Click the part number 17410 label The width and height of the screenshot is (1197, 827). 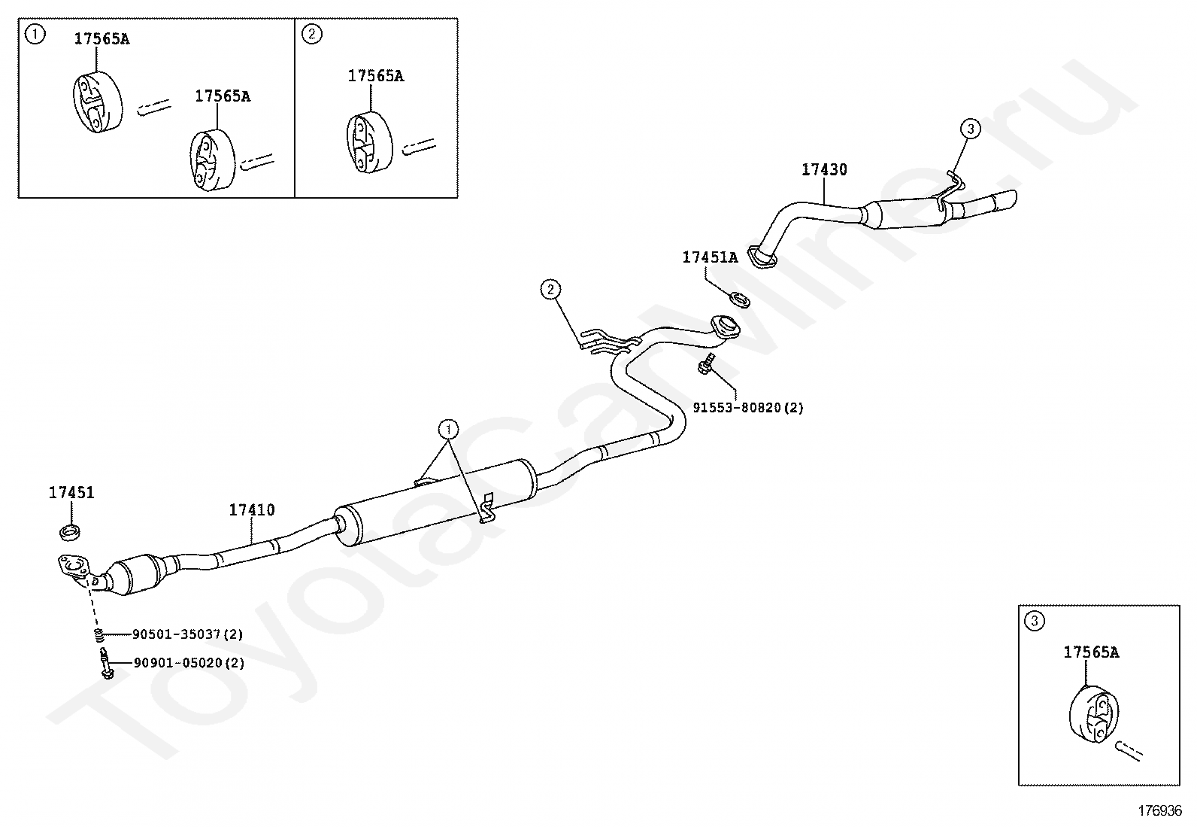252,510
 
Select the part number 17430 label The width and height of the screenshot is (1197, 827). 823,170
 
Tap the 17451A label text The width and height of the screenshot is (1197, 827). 710,257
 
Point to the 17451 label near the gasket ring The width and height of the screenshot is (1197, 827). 71,494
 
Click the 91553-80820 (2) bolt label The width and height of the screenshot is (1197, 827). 747,408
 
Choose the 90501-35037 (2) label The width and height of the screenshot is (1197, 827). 187,634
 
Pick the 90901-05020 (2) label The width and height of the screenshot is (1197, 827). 188,663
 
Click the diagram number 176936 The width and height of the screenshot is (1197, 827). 1159,811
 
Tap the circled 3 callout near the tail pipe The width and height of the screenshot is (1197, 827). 971,129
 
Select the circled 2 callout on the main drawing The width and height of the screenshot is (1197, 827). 550,288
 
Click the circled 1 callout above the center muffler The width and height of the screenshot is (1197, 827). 448,429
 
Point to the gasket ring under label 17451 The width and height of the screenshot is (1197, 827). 71,534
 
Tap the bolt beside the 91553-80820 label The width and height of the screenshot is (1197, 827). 706,366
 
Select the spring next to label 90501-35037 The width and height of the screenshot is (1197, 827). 98,634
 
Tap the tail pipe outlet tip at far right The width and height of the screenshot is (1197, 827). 1006,201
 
